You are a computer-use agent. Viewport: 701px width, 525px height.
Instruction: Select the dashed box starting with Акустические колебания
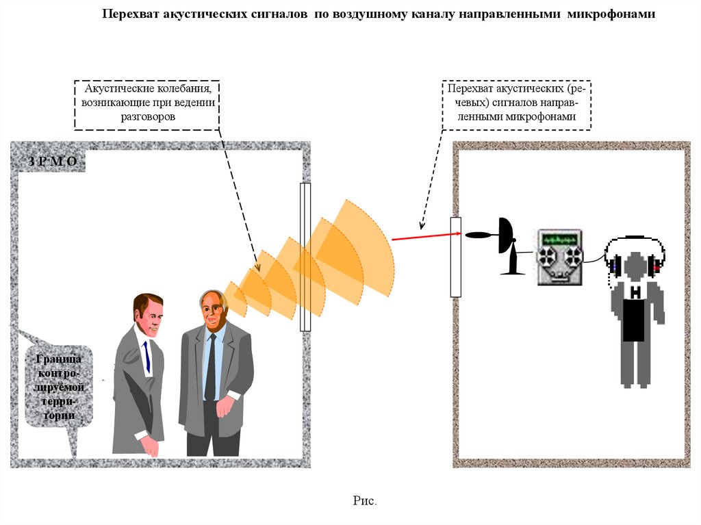148,103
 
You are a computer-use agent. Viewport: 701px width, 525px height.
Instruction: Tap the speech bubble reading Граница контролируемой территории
58,387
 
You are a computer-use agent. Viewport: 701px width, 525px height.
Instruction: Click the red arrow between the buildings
421,237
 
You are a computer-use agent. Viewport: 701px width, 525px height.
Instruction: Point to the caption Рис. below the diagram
365,501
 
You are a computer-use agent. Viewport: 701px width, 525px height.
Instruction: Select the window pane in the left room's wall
305,257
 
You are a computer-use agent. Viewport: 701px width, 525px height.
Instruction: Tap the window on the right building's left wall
455,257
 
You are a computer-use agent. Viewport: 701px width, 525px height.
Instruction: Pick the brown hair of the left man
147,301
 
